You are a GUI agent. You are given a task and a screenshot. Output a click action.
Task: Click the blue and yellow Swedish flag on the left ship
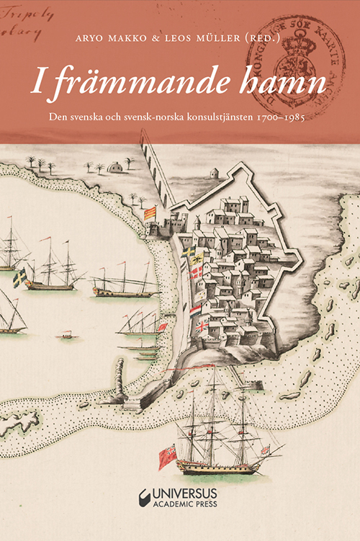tap(20, 277)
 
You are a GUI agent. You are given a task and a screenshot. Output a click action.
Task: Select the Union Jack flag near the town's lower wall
tap(202, 327)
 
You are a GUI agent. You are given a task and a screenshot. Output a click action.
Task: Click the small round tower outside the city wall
tap(214, 173)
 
